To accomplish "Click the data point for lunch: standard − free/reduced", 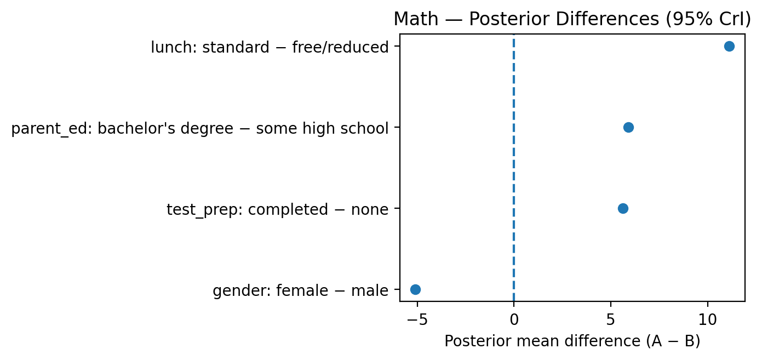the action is click(x=729, y=46).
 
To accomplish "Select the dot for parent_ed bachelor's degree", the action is click(x=628, y=127).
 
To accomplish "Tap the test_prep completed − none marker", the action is click(x=623, y=208).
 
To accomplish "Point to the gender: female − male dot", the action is click(x=415, y=289).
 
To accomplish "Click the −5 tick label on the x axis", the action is click(x=417, y=320).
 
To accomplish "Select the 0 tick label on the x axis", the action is click(x=514, y=320).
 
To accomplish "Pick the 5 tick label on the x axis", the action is click(x=611, y=320).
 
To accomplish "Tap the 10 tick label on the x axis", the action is click(x=708, y=320).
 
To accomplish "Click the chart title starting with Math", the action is click(x=572, y=19).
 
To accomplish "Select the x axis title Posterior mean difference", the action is click(x=572, y=341).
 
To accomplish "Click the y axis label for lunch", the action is click(x=270, y=47).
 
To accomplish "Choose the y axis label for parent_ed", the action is click(x=200, y=129).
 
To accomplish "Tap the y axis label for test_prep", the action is click(x=277, y=210).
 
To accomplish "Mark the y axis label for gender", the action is click(x=300, y=291).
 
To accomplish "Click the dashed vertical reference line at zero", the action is click(x=514, y=168).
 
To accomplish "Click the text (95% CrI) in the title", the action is click(x=708, y=19).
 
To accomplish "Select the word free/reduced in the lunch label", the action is click(x=340, y=47).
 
